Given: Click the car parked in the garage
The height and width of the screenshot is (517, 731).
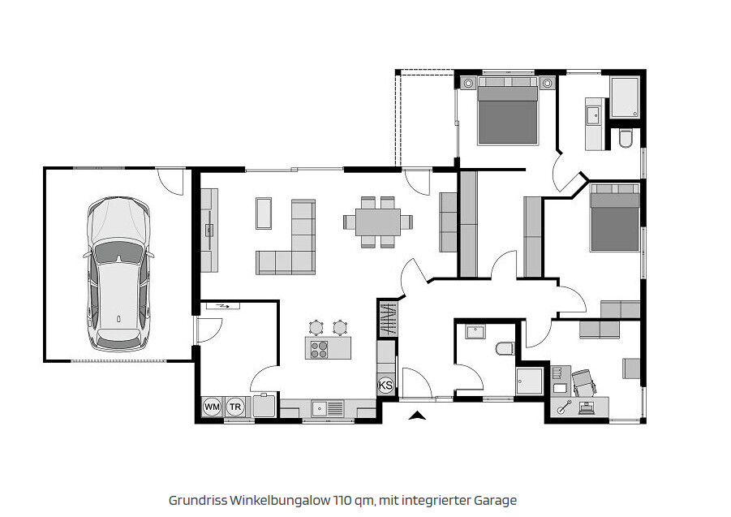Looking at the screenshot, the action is pos(118,274).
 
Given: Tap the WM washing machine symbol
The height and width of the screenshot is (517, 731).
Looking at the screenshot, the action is pos(212,407).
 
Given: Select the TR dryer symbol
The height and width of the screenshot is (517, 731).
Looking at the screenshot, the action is pos(235,407).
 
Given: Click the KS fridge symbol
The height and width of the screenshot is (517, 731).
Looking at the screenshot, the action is pos(386,386).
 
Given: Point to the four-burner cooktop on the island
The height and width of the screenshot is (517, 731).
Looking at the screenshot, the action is pos(319,349).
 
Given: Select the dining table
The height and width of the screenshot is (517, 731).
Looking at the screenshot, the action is pos(377,222).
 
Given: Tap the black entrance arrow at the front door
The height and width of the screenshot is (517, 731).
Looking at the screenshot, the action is pos(417,416).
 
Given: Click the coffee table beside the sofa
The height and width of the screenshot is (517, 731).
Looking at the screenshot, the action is pos(264,213).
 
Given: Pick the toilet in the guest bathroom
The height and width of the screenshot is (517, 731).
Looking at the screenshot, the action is pos(505,348).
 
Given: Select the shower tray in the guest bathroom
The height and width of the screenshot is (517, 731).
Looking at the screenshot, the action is pos(530,381).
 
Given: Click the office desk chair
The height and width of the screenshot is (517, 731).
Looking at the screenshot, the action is pos(584,383).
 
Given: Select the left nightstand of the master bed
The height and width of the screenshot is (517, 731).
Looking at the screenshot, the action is pos(468,84).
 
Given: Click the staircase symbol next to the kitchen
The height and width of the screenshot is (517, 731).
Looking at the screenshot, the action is pos(388,319).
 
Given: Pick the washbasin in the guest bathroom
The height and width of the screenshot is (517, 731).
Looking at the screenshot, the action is pos(475,332).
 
